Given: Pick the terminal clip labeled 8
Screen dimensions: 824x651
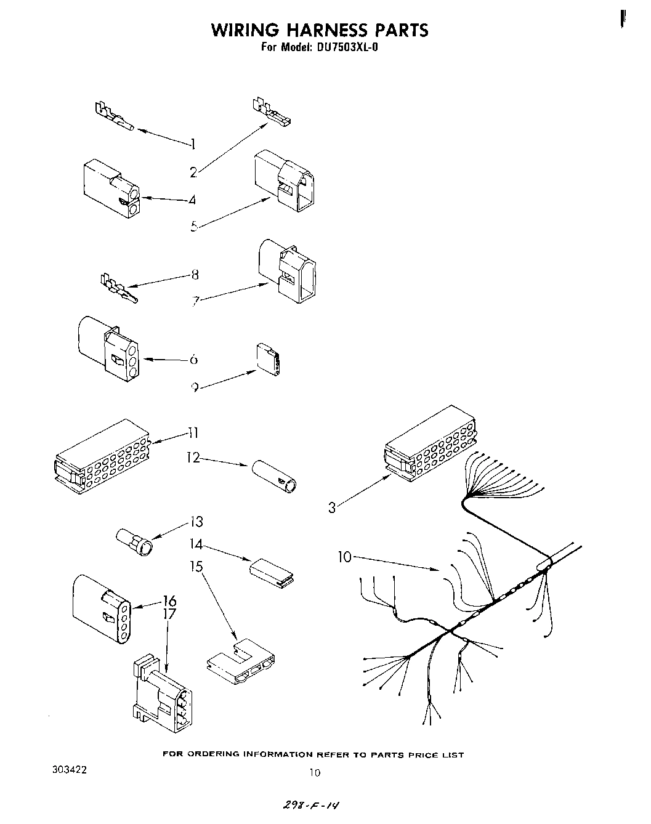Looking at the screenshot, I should [118, 288].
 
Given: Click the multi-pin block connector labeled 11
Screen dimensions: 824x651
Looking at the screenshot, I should [102, 456].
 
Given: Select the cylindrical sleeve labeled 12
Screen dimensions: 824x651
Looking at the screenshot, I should [275, 476].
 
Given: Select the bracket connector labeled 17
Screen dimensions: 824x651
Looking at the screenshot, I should [161, 699].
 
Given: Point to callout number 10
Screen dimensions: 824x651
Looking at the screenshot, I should [344, 557].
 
